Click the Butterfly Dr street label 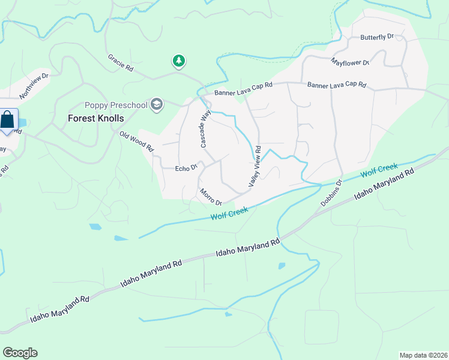pyautogui.click(x=376, y=37)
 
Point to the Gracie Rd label pyautogui.click(x=120, y=62)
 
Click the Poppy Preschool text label pyautogui.click(x=116, y=105)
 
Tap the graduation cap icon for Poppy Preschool pyautogui.click(x=157, y=105)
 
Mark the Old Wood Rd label pyautogui.click(x=137, y=142)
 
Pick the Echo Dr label pyautogui.click(x=186, y=169)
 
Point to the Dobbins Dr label pyautogui.click(x=331, y=193)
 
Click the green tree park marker pyautogui.click(x=178, y=61)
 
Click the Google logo pyautogui.click(x=20, y=353)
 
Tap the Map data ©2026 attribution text pyautogui.click(x=424, y=355)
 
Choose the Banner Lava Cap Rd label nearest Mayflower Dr pyautogui.click(x=336, y=86)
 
